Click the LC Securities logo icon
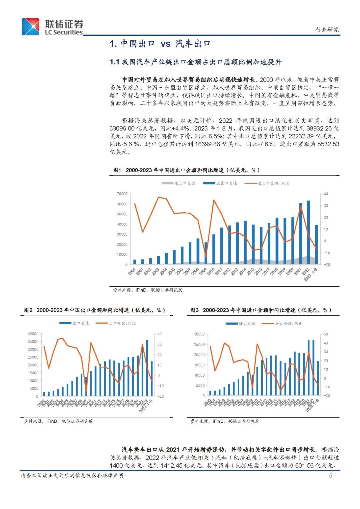(x=30, y=27)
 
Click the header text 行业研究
(x=327, y=29)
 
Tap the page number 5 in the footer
(x=331, y=475)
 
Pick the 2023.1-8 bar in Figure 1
(x=316, y=245)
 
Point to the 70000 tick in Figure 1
(x=122, y=194)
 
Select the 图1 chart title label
(x=117, y=170)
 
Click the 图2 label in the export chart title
(x=28, y=310)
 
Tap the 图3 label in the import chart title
(x=194, y=310)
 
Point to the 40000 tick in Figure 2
(x=33, y=334)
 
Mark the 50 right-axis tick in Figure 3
(x=326, y=334)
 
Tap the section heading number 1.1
(x=114, y=62)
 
